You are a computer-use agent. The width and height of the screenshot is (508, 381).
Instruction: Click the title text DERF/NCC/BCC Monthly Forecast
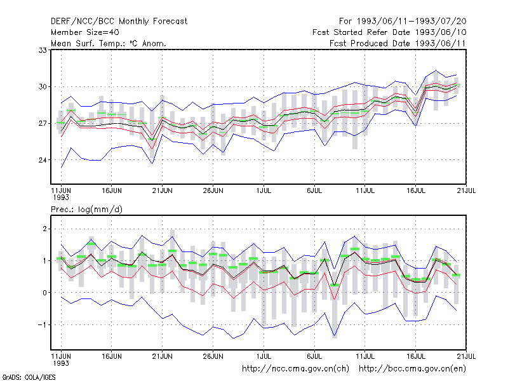(x=119, y=22)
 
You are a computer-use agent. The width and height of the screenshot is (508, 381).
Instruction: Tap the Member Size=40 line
(x=85, y=32)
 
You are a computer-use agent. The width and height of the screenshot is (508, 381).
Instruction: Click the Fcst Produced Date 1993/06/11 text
(x=398, y=43)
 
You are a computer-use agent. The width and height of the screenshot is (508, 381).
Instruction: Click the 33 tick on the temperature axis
(x=43, y=50)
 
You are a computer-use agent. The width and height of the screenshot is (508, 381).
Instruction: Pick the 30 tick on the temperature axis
(x=43, y=87)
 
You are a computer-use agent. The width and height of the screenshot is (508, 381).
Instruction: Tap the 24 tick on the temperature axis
(x=43, y=160)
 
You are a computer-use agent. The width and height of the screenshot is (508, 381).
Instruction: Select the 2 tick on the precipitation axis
(x=44, y=229)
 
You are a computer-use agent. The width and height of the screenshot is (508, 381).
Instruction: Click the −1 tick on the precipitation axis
(x=43, y=325)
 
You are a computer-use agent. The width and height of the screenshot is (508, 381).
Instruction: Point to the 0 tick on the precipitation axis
(x=44, y=293)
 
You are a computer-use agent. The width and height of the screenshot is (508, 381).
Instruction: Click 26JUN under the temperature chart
(x=213, y=190)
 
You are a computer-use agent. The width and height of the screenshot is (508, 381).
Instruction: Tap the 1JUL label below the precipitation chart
(x=264, y=356)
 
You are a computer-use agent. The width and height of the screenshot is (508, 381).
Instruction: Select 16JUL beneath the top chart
(x=416, y=190)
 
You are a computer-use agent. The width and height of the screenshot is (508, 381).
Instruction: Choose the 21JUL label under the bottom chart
(x=466, y=356)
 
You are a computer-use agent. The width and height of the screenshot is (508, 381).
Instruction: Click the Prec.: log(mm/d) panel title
(x=86, y=210)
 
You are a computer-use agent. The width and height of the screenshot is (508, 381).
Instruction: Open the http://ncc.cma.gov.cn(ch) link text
(x=295, y=369)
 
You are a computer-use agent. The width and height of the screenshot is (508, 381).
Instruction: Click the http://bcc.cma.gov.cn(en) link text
(x=412, y=369)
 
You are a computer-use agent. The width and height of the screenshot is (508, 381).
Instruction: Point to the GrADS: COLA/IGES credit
(x=29, y=377)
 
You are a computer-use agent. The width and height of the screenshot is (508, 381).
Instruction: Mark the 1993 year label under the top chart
(x=61, y=197)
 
